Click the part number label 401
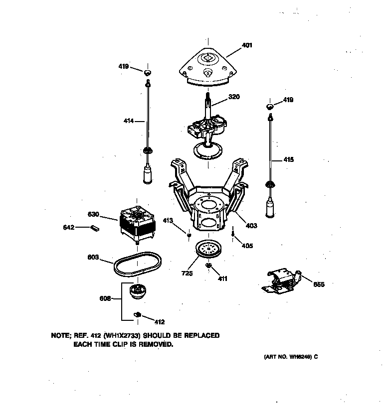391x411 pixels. point(247,45)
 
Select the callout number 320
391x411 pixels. point(234,97)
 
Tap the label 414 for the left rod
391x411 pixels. point(129,121)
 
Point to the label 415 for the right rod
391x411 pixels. point(288,160)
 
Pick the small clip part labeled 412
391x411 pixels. point(138,314)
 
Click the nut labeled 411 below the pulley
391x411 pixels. point(209,266)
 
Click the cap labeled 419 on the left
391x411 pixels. point(148,73)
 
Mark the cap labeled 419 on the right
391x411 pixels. point(270,106)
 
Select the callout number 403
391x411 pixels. point(251,226)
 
